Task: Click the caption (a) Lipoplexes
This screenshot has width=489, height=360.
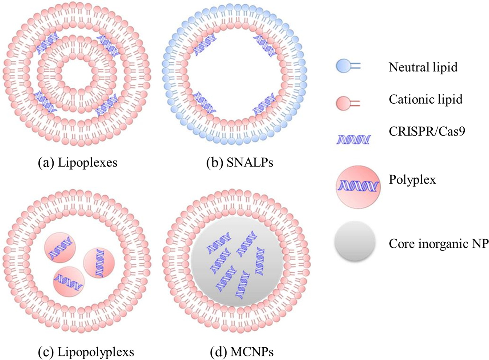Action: click(78, 163)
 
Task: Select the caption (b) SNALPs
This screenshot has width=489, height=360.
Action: click(239, 163)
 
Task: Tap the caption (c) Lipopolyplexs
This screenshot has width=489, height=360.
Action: click(86, 352)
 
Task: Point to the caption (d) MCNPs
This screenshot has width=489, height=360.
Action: click(242, 352)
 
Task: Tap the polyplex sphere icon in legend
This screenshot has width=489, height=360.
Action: click(358, 186)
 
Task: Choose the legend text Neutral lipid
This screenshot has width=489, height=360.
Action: click(423, 67)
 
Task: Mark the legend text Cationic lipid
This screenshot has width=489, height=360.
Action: click(426, 99)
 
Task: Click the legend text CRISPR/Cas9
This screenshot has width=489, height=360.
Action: click(427, 131)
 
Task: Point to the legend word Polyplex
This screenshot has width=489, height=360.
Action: click(412, 179)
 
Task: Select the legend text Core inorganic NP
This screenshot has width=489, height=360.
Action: click(439, 243)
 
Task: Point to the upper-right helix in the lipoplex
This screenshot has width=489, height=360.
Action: click(108, 45)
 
